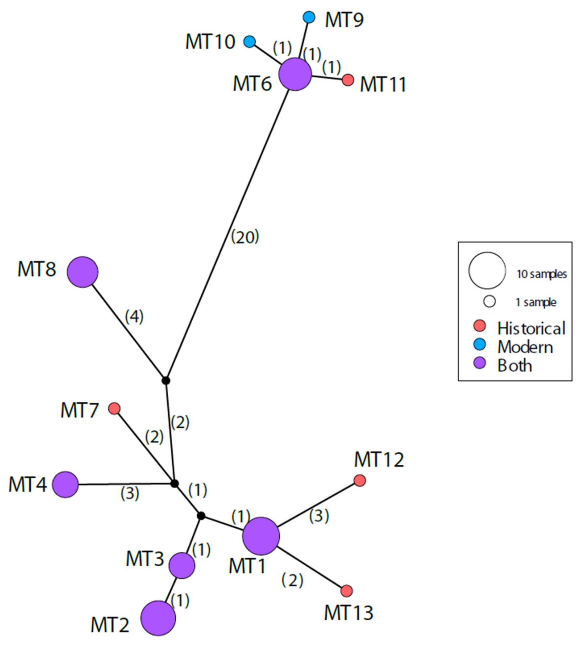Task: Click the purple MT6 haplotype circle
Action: [x=295, y=74]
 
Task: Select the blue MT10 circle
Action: [x=250, y=42]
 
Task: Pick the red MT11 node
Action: [x=348, y=80]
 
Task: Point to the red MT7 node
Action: [x=114, y=408]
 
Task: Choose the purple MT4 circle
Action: [x=65, y=484]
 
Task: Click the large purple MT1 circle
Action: [x=261, y=536]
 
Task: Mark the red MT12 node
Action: [x=360, y=480]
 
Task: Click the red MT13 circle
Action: [x=346, y=591]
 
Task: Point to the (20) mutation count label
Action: [x=245, y=237]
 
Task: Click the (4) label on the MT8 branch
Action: [x=134, y=316]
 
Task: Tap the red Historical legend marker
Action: [x=479, y=326]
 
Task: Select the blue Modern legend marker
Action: [x=479, y=344]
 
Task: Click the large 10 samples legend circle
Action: [x=487, y=270]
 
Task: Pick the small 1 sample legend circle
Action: [x=489, y=301]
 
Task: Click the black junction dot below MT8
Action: [x=166, y=380]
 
